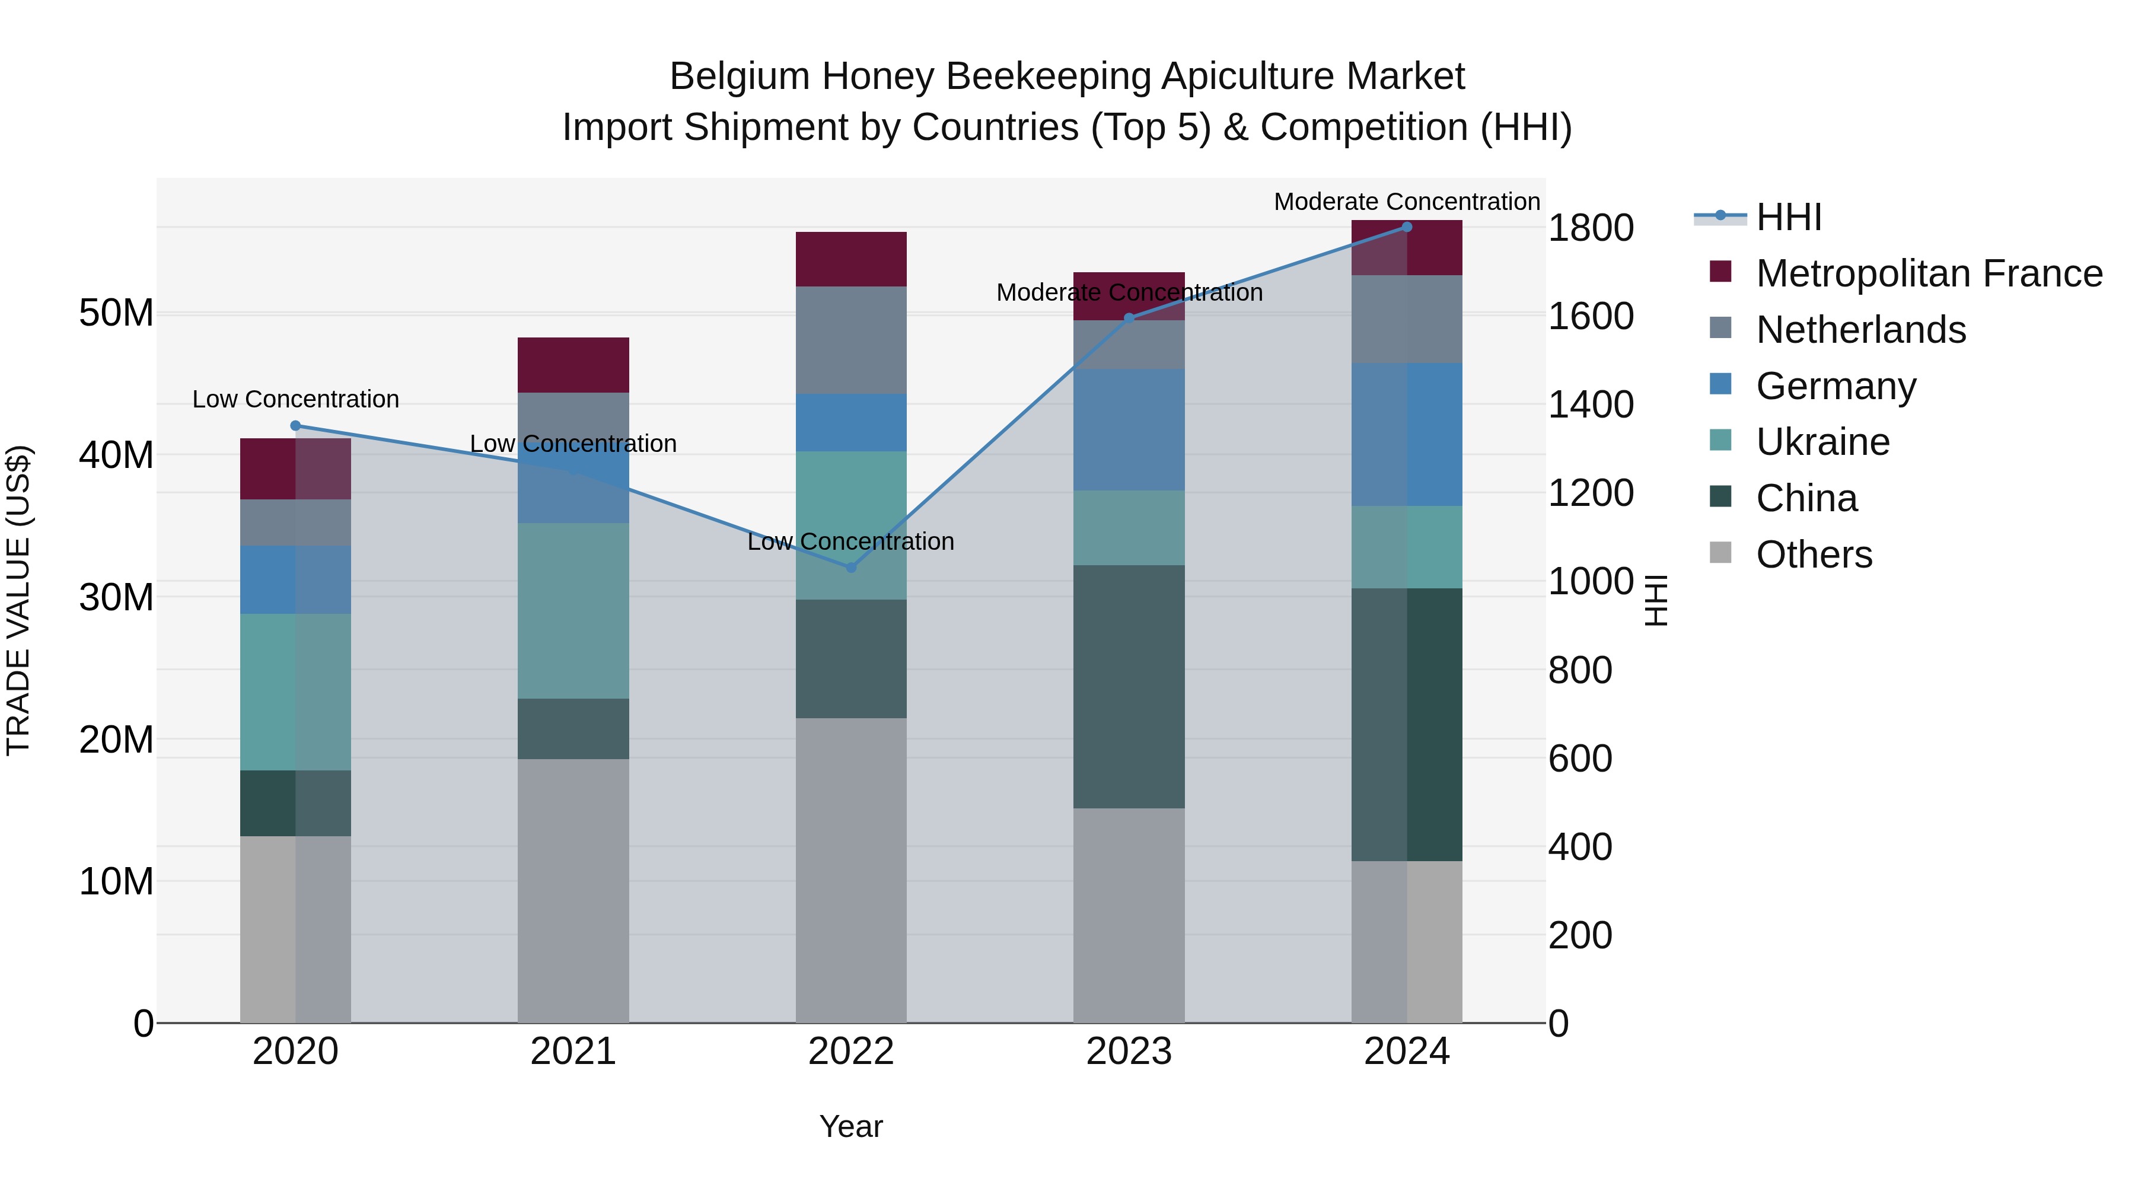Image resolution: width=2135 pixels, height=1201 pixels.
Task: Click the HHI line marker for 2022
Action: point(850,568)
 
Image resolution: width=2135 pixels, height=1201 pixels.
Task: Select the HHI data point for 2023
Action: point(1129,317)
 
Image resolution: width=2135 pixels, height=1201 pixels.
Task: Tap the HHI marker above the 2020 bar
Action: point(295,426)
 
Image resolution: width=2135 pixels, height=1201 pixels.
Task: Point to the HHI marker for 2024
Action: point(1407,227)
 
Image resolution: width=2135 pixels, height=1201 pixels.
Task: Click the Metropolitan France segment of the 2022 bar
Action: point(850,259)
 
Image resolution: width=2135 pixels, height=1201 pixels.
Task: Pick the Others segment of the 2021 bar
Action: point(573,890)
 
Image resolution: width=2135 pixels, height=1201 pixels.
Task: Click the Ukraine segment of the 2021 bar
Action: point(573,611)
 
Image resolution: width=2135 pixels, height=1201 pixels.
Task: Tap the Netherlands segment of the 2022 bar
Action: point(850,340)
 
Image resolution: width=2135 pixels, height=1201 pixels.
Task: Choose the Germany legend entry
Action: point(1836,386)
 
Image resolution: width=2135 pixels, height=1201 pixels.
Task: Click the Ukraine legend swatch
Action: point(1720,441)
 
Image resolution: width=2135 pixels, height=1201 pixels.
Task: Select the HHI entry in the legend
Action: point(1789,217)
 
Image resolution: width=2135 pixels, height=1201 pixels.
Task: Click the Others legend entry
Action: point(1814,555)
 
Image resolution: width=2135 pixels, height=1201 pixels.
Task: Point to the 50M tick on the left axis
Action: point(116,313)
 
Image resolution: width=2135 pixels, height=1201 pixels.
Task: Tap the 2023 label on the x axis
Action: point(1129,1052)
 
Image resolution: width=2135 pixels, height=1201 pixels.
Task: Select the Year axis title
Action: point(850,1126)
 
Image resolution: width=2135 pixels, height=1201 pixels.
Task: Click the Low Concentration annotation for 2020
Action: point(295,400)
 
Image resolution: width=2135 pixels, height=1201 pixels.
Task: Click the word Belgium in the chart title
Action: point(740,77)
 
